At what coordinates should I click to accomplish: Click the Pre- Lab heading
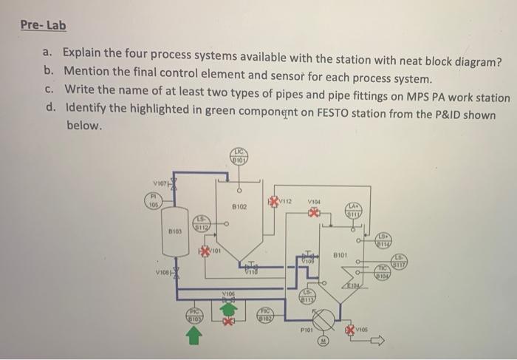point(43,25)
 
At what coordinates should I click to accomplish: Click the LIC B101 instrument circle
point(240,155)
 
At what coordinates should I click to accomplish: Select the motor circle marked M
point(323,342)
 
